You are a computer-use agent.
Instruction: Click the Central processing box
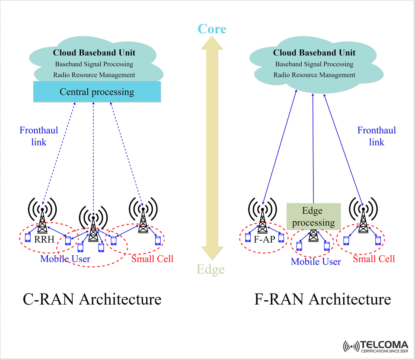pyautogui.click(x=97, y=92)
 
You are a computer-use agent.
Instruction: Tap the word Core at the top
pyautogui.click(x=212, y=29)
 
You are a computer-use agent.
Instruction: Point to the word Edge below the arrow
pyautogui.click(x=211, y=270)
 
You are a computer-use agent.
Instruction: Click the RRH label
pyautogui.click(x=45, y=239)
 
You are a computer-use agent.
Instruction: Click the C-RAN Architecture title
pyautogui.click(x=92, y=299)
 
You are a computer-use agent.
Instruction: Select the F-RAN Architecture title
pyautogui.click(x=322, y=299)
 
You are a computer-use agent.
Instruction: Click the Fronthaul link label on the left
pyautogui.click(x=38, y=136)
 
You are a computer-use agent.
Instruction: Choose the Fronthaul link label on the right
pyautogui.click(x=377, y=136)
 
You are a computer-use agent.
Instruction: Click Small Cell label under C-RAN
pyautogui.click(x=152, y=259)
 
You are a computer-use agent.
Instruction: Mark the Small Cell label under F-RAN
pyautogui.click(x=374, y=259)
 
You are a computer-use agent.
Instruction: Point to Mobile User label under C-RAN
pyautogui.click(x=65, y=259)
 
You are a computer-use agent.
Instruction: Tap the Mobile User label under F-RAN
pyautogui.click(x=316, y=262)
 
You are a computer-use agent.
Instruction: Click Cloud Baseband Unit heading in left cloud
pyautogui.click(x=94, y=53)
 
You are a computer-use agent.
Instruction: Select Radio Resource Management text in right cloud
pyautogui.click(x=314, y=75)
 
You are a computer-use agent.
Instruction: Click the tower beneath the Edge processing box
pyautogui.click(x=313, y=236)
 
